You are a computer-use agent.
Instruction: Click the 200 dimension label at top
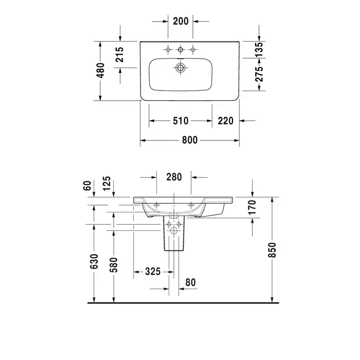tap(181, 21)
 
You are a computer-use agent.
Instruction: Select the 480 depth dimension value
tap(100, 70)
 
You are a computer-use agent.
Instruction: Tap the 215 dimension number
tap(119, 55)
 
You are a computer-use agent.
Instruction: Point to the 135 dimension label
tap(259, 49)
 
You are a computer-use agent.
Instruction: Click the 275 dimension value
tap(259, 74)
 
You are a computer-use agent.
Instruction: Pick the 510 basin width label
tap(181, 121)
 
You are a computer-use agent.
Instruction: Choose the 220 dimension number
tap(225, 121)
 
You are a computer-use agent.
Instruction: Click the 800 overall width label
tap(190, 140)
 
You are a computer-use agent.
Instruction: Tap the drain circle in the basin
tap(181, 68)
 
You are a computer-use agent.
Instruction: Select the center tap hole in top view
tap(181, 49)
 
